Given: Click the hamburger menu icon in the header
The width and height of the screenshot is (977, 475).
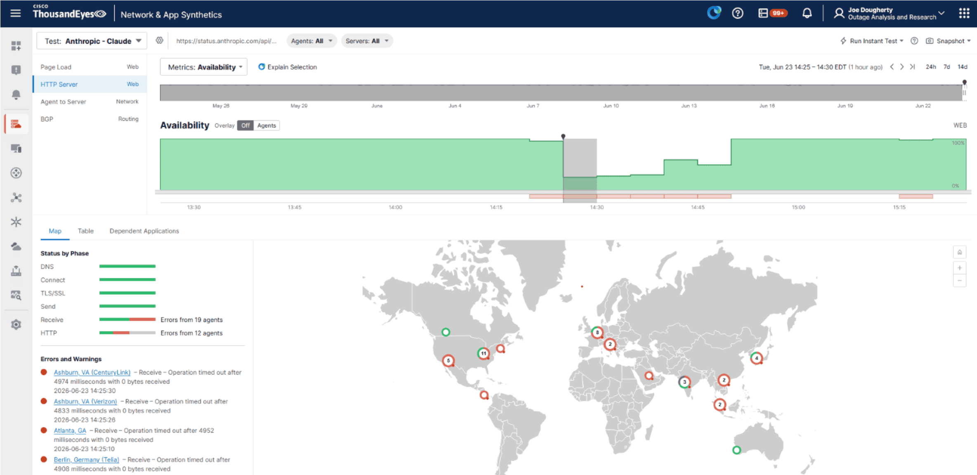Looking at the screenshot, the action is (x=16, y=14).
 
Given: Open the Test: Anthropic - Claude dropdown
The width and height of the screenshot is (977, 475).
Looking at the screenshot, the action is (x=92, y=41).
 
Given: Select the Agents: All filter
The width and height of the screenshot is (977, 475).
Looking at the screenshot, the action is (x=312, y=41).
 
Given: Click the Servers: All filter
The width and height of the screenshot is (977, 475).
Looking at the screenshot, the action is (x=367, y=41).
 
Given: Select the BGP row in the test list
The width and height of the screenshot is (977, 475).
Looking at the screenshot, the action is (x=90, y=119).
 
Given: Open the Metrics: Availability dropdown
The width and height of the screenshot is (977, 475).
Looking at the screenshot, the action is (x=204, y=67).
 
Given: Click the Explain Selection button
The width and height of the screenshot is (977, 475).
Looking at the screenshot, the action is (x=288, y=67).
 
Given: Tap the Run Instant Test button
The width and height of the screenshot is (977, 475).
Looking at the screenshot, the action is (x=872, y=41).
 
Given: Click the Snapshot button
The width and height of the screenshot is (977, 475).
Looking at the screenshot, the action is (x=948, y=41).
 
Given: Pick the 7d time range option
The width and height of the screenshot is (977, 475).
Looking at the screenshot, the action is (x=947, y=67).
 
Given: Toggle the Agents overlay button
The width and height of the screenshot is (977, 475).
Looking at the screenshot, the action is (x=267, y=125).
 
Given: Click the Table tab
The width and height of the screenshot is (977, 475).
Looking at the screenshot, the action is (x=86, y=231).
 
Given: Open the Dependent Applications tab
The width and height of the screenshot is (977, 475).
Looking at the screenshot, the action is (x=144, y=231).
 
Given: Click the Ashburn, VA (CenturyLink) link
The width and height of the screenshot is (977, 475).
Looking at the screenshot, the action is (x=92, y=372).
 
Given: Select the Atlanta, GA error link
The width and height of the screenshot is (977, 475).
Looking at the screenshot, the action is (x=70, y=430).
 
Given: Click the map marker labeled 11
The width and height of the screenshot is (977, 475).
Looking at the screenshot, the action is (x=484, y=353).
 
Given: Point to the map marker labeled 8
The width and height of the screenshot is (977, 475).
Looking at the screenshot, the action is (x=597, y=332).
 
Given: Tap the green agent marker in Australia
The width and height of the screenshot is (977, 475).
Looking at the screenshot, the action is (x=736, y=450).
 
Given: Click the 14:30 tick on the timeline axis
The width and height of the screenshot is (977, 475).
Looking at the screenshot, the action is (x=597, y=207).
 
